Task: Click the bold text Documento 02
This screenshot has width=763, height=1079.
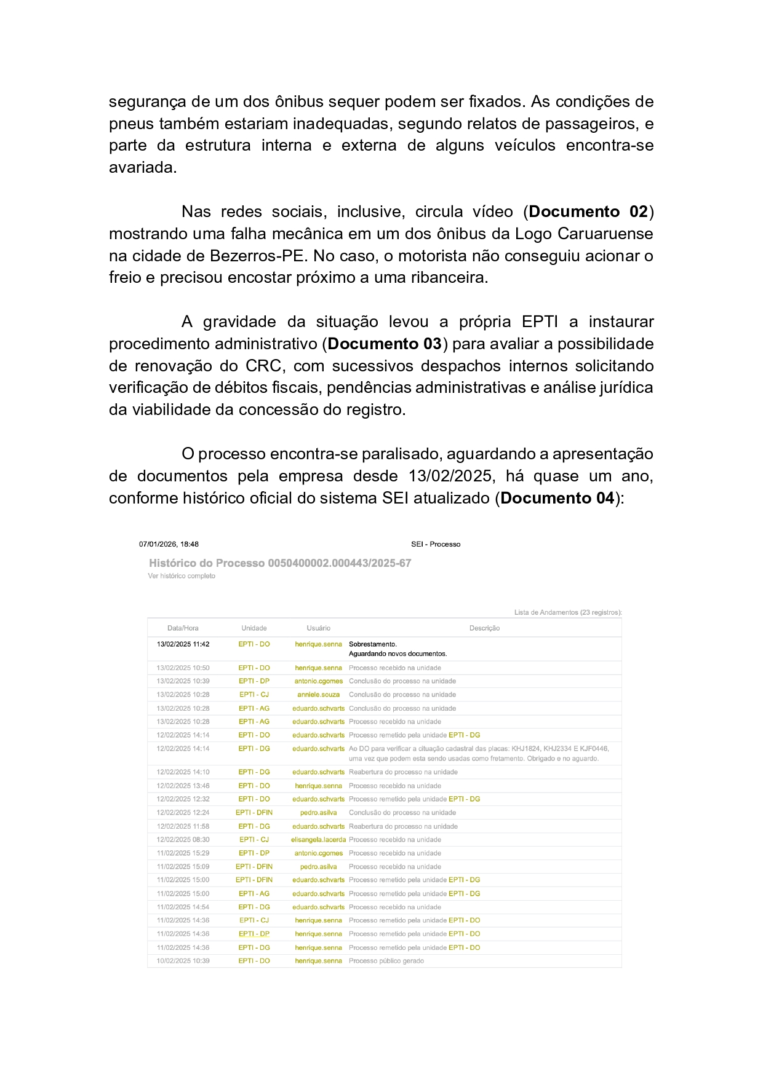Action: pyautogui.click(x=588, y=212)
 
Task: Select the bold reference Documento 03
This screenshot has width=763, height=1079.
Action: pyautogui.click(x=385, y=344)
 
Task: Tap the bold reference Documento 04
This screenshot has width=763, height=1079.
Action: pyautogui.click(x=557, y=499)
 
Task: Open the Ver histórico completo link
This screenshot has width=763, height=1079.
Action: pyautogui.click(x=182, y=576)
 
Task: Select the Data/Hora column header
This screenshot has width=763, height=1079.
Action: pyautogui.click(x=183, y=628)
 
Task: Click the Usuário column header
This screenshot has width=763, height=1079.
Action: pyautogui.click(x=318, y=628)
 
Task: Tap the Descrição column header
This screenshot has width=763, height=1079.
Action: pyautogui.click(x=484, y=628)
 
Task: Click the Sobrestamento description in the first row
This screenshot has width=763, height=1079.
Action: pyautogui.click(x=373, y=644)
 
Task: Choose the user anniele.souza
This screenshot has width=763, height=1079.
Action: pyautogui.click(x=318, y=695)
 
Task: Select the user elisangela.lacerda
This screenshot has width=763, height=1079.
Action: pyautogui.click(x=318, y=840)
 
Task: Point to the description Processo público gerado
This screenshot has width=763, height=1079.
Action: pyautogui.click(x=386, y=961)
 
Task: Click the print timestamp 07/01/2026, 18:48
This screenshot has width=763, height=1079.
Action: pyautogui.click(x=169, y=544)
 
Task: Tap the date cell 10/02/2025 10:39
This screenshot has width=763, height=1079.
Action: pyautogui.click(x=183, y=961)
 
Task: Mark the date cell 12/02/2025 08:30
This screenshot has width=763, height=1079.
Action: pyautogui.click(x=183, y=840)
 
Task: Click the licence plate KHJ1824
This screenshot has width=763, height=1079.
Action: pyautogui.click(x=525, y=749)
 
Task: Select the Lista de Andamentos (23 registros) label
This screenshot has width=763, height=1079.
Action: pyautogui.click(x=567, y=612)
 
